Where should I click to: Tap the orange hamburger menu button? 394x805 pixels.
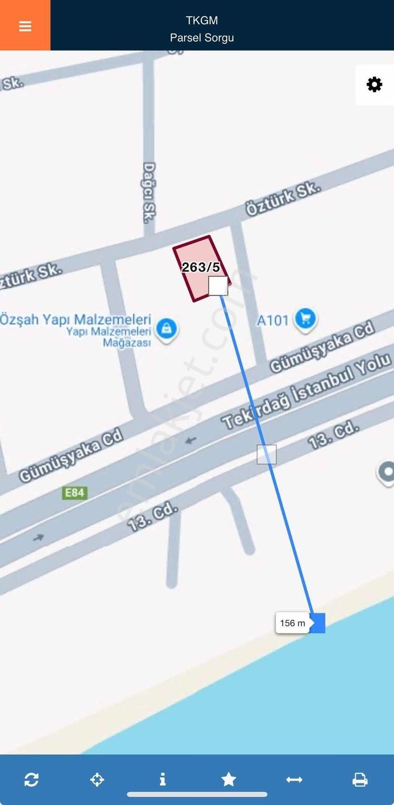25,26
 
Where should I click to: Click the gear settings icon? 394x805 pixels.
374,85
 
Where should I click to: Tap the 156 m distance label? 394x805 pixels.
292,623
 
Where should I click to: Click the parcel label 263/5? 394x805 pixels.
201,267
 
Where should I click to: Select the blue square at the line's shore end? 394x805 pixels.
317,623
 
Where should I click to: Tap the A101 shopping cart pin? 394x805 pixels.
305,319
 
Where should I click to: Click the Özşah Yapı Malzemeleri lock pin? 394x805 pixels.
167,329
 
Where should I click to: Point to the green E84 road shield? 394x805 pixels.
74,492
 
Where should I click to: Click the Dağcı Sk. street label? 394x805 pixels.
149,193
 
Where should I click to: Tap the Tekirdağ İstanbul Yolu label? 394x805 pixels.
306,392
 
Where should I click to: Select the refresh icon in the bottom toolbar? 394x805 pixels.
31,779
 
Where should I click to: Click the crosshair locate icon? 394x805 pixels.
97,779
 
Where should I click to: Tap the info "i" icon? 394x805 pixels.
163,779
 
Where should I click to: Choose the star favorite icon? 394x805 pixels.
228,779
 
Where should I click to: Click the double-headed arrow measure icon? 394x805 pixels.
294,779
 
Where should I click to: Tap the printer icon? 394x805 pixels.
360,779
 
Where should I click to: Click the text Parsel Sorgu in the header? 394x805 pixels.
202,38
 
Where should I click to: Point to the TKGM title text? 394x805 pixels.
202,21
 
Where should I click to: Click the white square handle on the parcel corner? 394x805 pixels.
218,286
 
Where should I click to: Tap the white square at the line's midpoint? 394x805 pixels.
267,454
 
